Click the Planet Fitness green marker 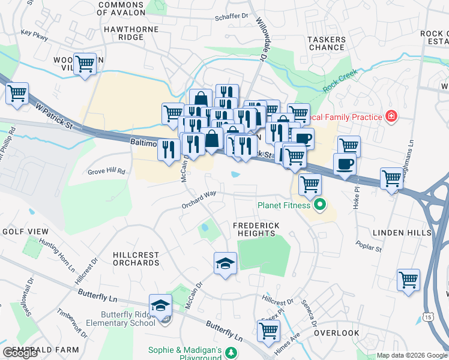[x=319, y=205]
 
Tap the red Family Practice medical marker [x=391, y=115]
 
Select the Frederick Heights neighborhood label [x=256, y=229]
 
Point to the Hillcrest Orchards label [x=136, y=259]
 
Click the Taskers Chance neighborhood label [x=327, y=43]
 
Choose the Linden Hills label [x=398, y=232]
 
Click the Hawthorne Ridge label [x=131, y=33]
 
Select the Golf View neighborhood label [x=25, y=232]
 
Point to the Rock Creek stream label [x=340, y=80]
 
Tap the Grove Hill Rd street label [x=106, y=171]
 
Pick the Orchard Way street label [x=199, y=200]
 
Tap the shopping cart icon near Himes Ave [x=268, y=330]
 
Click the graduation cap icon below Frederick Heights [x=225, y=263]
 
